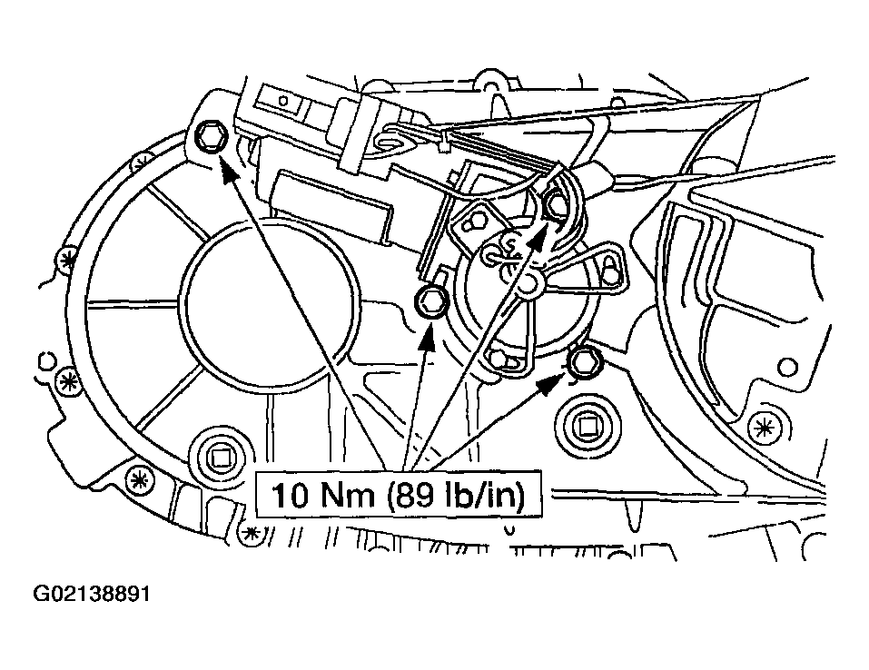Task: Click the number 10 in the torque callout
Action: tap(290, 495)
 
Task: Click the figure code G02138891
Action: tap(92, 594)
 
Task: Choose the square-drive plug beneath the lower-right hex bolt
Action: tap(587, 426)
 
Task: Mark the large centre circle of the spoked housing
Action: tap(270, 306)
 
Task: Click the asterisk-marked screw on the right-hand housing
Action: tap(765, 426)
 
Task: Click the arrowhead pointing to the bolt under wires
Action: tap(538, 232)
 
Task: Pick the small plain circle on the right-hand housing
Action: tap(787, 366)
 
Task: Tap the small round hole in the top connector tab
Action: tap(283, 100)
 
